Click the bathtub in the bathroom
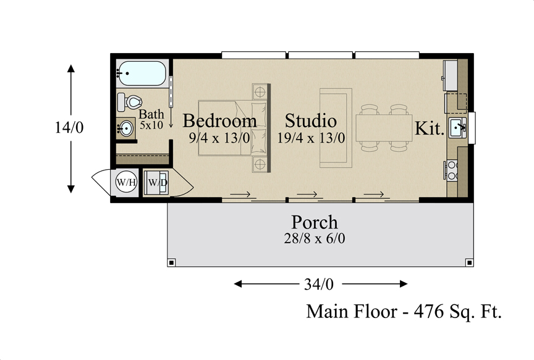click(x=142, y=73)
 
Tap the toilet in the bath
click(x=129, y=102)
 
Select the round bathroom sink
click(x=125, y=128)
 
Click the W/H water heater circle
click(x=126, y=182)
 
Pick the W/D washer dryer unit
click(x=156, y=183)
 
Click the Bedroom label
click(x=219, y=121)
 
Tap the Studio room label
click(x=311, y=121)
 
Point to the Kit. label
click(x=430, y=128)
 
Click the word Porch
click(x=315, y=222)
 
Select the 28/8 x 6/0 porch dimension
click(x=315, y=238)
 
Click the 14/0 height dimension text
click(x=69, y=127)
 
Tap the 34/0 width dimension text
click(x=319, y=284)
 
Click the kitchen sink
click(x=457, y=128)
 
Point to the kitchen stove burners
click(x=452, y=170)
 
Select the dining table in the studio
click(x=384, y=128)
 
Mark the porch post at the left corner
click(x=171, y=262)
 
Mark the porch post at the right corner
click(x=469, y=262)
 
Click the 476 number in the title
click(x=429, y=311)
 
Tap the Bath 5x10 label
click(x=151, y=119)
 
